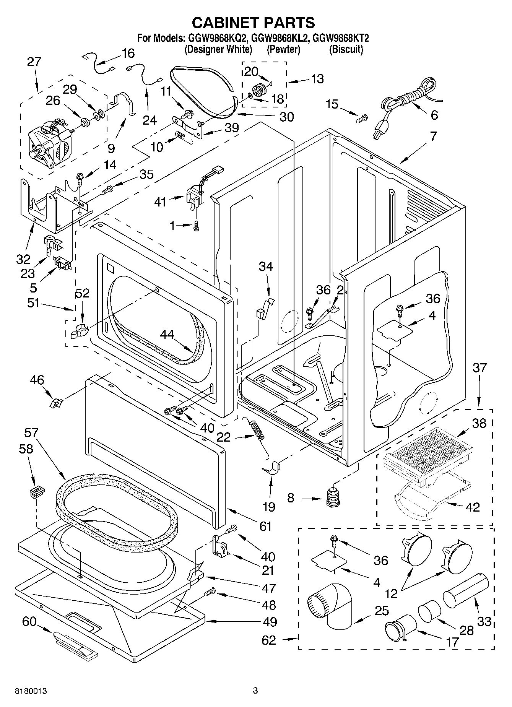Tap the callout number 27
[x=34, y=62]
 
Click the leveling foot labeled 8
[x=334, y=497]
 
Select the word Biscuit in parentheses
[x=346, y=49]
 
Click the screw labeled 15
[x=361, y=119]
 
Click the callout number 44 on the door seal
[x=167, y=335]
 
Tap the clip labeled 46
[x=56, y=403]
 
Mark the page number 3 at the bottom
[x=255, y=691]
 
